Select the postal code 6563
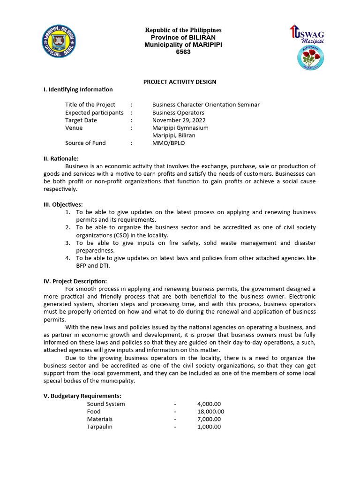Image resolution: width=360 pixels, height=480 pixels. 183,52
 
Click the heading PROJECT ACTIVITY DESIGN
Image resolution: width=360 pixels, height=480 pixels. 180,82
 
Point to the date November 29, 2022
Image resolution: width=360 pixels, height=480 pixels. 179,120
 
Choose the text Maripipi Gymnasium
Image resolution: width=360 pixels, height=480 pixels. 180,127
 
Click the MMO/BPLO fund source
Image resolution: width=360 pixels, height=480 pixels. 168,143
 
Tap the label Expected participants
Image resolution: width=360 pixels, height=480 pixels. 94,112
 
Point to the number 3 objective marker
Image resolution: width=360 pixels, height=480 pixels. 67,243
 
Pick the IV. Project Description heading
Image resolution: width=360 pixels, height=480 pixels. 75,281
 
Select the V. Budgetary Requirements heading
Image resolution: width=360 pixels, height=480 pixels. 82,396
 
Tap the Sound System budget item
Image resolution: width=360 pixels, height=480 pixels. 106,404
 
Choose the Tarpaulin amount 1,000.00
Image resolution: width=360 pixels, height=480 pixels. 209,427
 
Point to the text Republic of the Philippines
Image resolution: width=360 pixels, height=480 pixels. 183,30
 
